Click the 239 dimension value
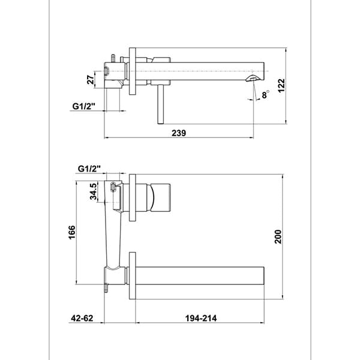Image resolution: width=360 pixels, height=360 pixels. point(179,133)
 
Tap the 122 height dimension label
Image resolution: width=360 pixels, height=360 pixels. point(281,85)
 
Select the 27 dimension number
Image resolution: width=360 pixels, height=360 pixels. point(91,80)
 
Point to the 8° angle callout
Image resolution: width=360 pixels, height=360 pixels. point(265,94)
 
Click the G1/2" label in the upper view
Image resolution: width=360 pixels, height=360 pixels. point(84,106)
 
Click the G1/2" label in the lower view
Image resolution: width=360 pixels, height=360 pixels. point(89,169)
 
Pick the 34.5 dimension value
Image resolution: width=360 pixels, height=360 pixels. point(93,191)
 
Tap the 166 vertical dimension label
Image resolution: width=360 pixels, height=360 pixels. point(71,232)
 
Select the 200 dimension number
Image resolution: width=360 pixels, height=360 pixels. point(278,237)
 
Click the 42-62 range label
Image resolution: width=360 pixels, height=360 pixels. point(82,318)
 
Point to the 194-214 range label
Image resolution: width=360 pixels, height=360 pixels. point(201,318)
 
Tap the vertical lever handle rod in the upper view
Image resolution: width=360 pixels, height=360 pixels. point(160,104)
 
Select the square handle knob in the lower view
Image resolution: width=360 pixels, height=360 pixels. point(161,197)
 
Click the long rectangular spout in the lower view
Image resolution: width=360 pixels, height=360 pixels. point(200,276)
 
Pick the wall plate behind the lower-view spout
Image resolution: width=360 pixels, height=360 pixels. point(133,276)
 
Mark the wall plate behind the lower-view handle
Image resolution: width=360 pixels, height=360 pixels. point(133,197)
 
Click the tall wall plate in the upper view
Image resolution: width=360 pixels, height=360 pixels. point(133,71)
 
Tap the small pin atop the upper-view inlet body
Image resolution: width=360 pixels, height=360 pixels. point(113,58)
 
